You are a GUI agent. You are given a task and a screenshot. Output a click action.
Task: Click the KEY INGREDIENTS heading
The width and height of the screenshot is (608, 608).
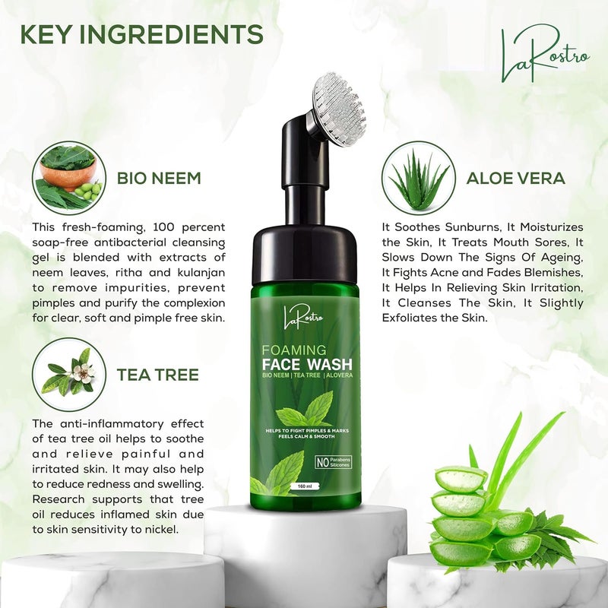click(x=141, y=33)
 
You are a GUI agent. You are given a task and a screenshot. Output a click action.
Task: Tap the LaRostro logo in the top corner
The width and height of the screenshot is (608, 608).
click(x=543, y=55)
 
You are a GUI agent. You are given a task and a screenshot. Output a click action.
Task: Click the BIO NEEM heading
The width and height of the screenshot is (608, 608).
click(x=159, y=179)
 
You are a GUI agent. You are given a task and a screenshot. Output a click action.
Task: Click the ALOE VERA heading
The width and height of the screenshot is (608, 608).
click(x=515, y=179)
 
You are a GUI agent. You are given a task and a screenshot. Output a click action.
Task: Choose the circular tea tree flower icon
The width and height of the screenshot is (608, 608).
click(x=69, y=374)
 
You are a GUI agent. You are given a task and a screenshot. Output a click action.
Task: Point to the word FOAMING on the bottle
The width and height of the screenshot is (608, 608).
click(x=294, y=350)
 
